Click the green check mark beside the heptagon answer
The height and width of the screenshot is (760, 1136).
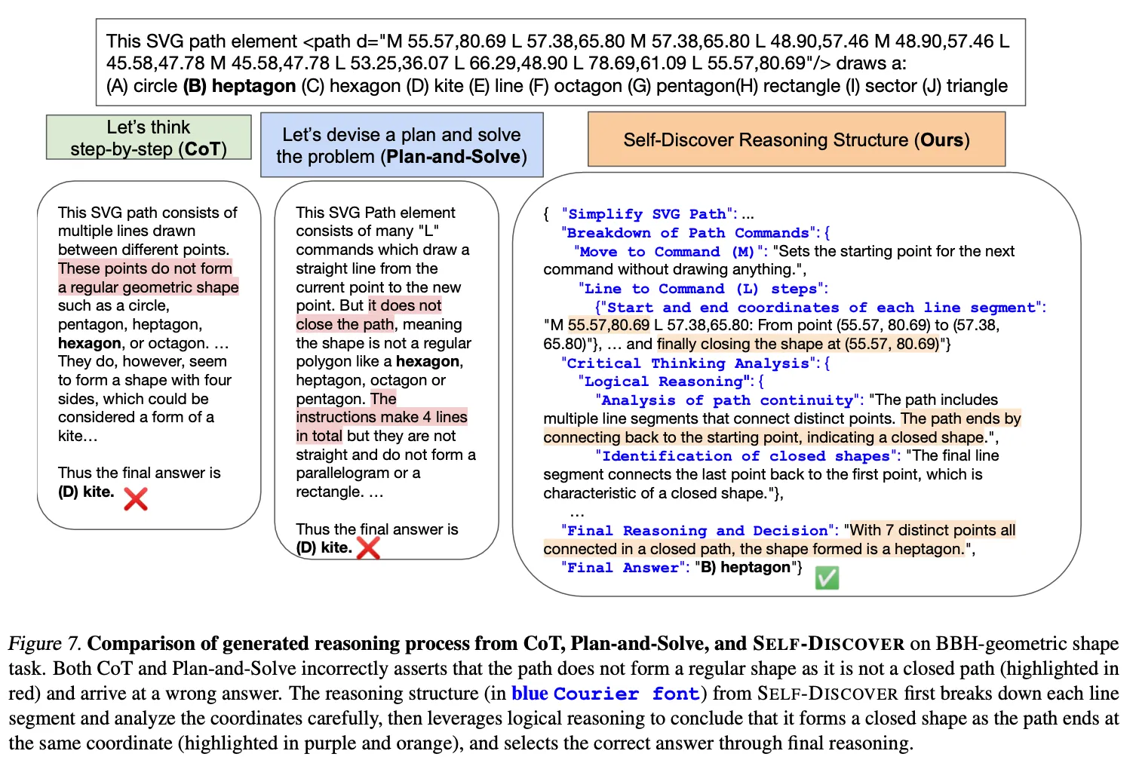tap(827, 578)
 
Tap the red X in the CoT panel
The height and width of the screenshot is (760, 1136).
tap(136, 498)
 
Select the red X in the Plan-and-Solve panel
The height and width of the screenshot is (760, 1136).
tap(368, 547)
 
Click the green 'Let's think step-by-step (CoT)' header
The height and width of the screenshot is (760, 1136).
tap(149, 137)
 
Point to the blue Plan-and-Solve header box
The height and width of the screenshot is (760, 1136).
tap(401, 145)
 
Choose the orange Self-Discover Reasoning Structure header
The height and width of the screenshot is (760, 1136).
tap(796, 139)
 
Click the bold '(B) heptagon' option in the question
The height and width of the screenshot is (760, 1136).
tap(239, 86)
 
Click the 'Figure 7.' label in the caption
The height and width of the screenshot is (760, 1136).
tap(44, 643)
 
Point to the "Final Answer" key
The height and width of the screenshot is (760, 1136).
tap(624, 568)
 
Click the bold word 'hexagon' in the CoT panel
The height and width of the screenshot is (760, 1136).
tap(90, 343)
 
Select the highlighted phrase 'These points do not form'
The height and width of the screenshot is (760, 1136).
tap(145, 268)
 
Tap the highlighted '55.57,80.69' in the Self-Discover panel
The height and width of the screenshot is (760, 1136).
tap(609, 325)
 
